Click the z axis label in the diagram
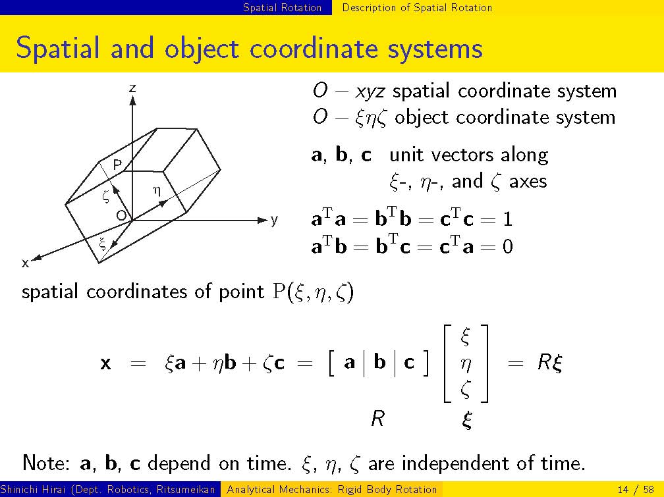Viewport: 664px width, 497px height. click(x=132, y=88)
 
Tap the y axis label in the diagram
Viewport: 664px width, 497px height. click(x=275, y=220)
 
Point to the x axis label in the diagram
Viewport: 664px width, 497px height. click(x=26, y=263)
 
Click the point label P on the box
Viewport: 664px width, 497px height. click(x=118, y=165)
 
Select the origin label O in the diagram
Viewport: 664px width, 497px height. click(x=121, y=216)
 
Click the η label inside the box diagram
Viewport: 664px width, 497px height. click(x=157, y=192)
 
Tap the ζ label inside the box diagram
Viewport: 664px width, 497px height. click(x=106, y=196)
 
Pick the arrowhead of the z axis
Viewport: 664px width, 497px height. click(x=132, y=100)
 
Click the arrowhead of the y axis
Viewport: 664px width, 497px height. click(x=263, y=220)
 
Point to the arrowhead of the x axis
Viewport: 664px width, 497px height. click(x=36, y=257)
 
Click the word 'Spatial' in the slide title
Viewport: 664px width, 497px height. click(x=58, y=48)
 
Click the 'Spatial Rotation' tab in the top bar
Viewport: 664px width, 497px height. click(x=283, y=8)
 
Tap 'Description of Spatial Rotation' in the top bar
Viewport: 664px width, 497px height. click(x=417, y=8)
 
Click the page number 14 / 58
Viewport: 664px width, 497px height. click(x=636, y=490)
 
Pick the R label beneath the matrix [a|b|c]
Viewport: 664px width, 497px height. click(x=377, y=419)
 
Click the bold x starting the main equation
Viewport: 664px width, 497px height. click(x=106, y=363)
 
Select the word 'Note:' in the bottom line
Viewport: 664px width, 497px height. click(x=46, y=463)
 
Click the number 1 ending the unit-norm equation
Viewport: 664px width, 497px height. click(x=507, y=219)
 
